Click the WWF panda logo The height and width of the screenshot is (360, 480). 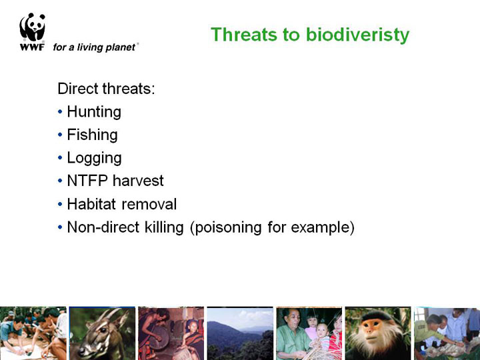33,27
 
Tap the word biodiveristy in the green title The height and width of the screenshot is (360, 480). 357,35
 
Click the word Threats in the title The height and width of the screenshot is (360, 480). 244,34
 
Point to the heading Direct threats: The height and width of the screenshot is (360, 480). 106,89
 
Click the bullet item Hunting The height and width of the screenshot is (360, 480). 94,112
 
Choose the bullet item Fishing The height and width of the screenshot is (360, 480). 92,135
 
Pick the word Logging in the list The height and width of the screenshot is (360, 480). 94,158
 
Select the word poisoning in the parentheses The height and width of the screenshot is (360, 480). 228,228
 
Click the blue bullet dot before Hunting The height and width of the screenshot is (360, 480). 60,111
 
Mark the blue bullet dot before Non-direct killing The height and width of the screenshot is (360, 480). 60,227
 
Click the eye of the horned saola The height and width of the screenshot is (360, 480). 103,330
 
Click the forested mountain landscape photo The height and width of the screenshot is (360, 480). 240,333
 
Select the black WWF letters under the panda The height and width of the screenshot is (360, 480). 32,47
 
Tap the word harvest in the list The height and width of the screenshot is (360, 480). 138,181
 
